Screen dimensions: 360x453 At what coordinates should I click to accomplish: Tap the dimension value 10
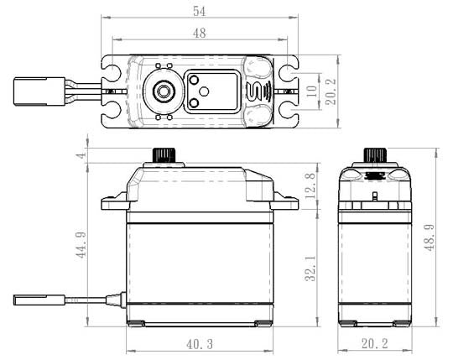pyautogui.click(x=312, y=90)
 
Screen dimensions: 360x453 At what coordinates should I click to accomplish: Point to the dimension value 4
pyautogui.click(x=81, y=156)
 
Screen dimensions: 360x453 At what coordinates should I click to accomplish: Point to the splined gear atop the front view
pyautogui.click(x=163, y=157)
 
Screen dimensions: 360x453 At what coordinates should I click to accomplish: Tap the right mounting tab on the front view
pyautogui.click(x=287, y=203)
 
